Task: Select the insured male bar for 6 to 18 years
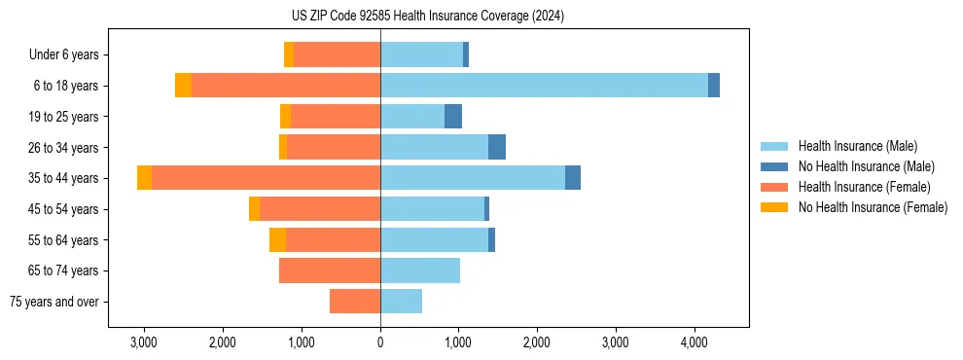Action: pyautogui.click(x=544, y=86)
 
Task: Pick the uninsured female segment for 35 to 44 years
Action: pyautogui.click(x=144, y=178)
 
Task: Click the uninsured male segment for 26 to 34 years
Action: pyautogui.click(x=497, y=147)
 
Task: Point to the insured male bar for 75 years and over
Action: pyautogui.click(x=401, y=302)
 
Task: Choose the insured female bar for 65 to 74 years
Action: pyautogui.click(x=330, y=270)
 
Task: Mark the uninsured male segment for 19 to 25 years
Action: pyautogui.click(x=453, y=117)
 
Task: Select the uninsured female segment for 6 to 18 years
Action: pyautogui.click(x=183, y=86)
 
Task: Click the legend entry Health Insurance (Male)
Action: pyautogui.click(x=857, y=146)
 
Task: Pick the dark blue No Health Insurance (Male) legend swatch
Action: pyautogui.click(x=775, y=166)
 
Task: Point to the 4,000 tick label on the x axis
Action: pyautogui.click(x=694, y=343)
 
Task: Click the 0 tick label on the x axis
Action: pyautogui.click(x=380, y=343)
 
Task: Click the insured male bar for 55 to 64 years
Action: pyautogui.click(x=434, y=239)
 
